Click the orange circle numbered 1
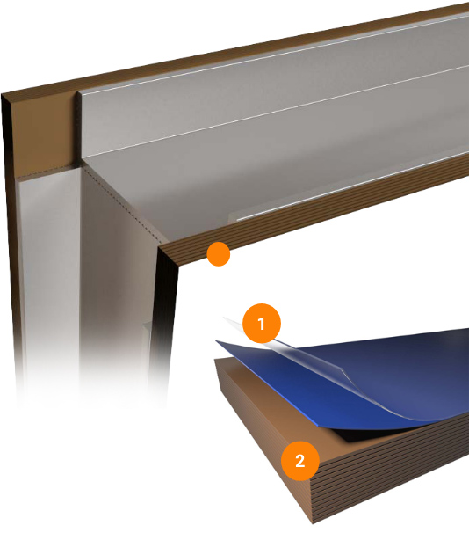262,324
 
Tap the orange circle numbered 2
300,461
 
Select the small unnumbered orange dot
219,254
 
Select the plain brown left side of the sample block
263,418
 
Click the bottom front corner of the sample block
313,523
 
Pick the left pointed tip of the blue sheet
216,341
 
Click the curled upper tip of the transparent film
224,318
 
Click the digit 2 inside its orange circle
300,461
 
